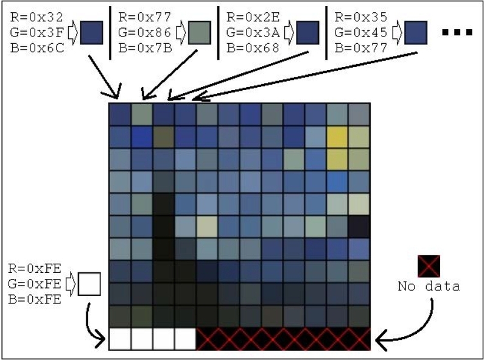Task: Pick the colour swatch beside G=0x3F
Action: [x=91, y=31]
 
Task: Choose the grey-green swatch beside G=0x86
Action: [x=200, y=31]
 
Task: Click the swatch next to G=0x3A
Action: [x=308, y=31]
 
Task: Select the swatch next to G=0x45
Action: [x=416, y=31]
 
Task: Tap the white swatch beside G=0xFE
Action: [x=90, y=284]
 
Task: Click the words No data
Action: [x=429, y=286]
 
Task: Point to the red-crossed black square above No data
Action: [x=429, y=266]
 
